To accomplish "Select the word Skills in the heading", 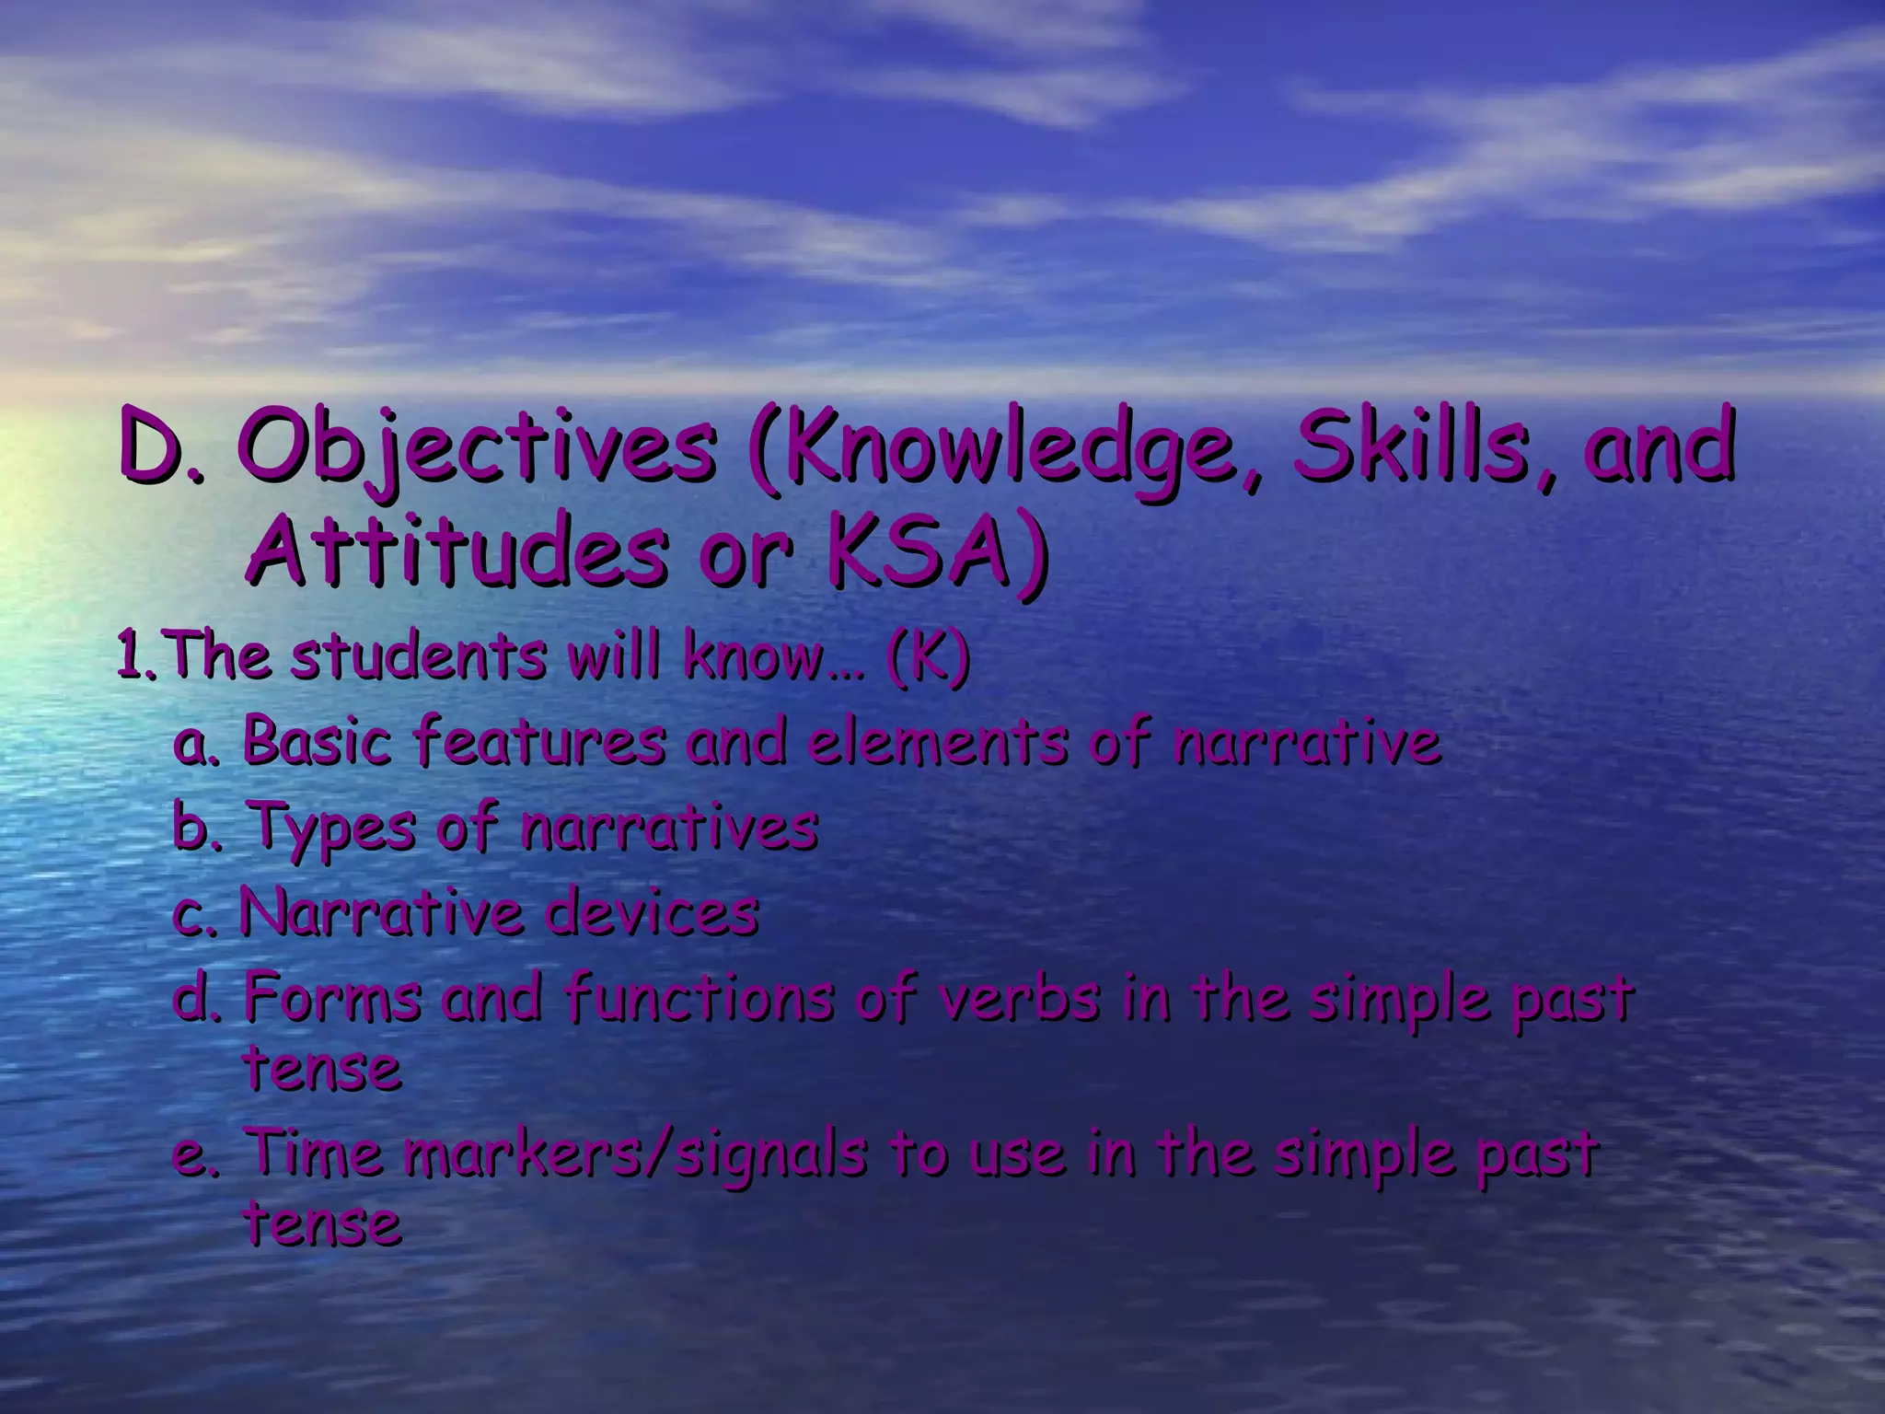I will click(x=1417, y=449).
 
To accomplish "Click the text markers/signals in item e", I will click(x=635, y=1154).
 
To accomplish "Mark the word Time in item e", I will click(x=313, y=1153).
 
